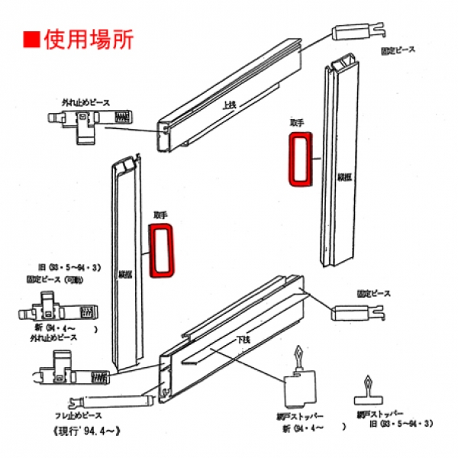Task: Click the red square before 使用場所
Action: pos(31,39)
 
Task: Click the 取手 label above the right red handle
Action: pos(297,122)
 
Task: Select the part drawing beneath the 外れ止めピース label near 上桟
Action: pos(88,122)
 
